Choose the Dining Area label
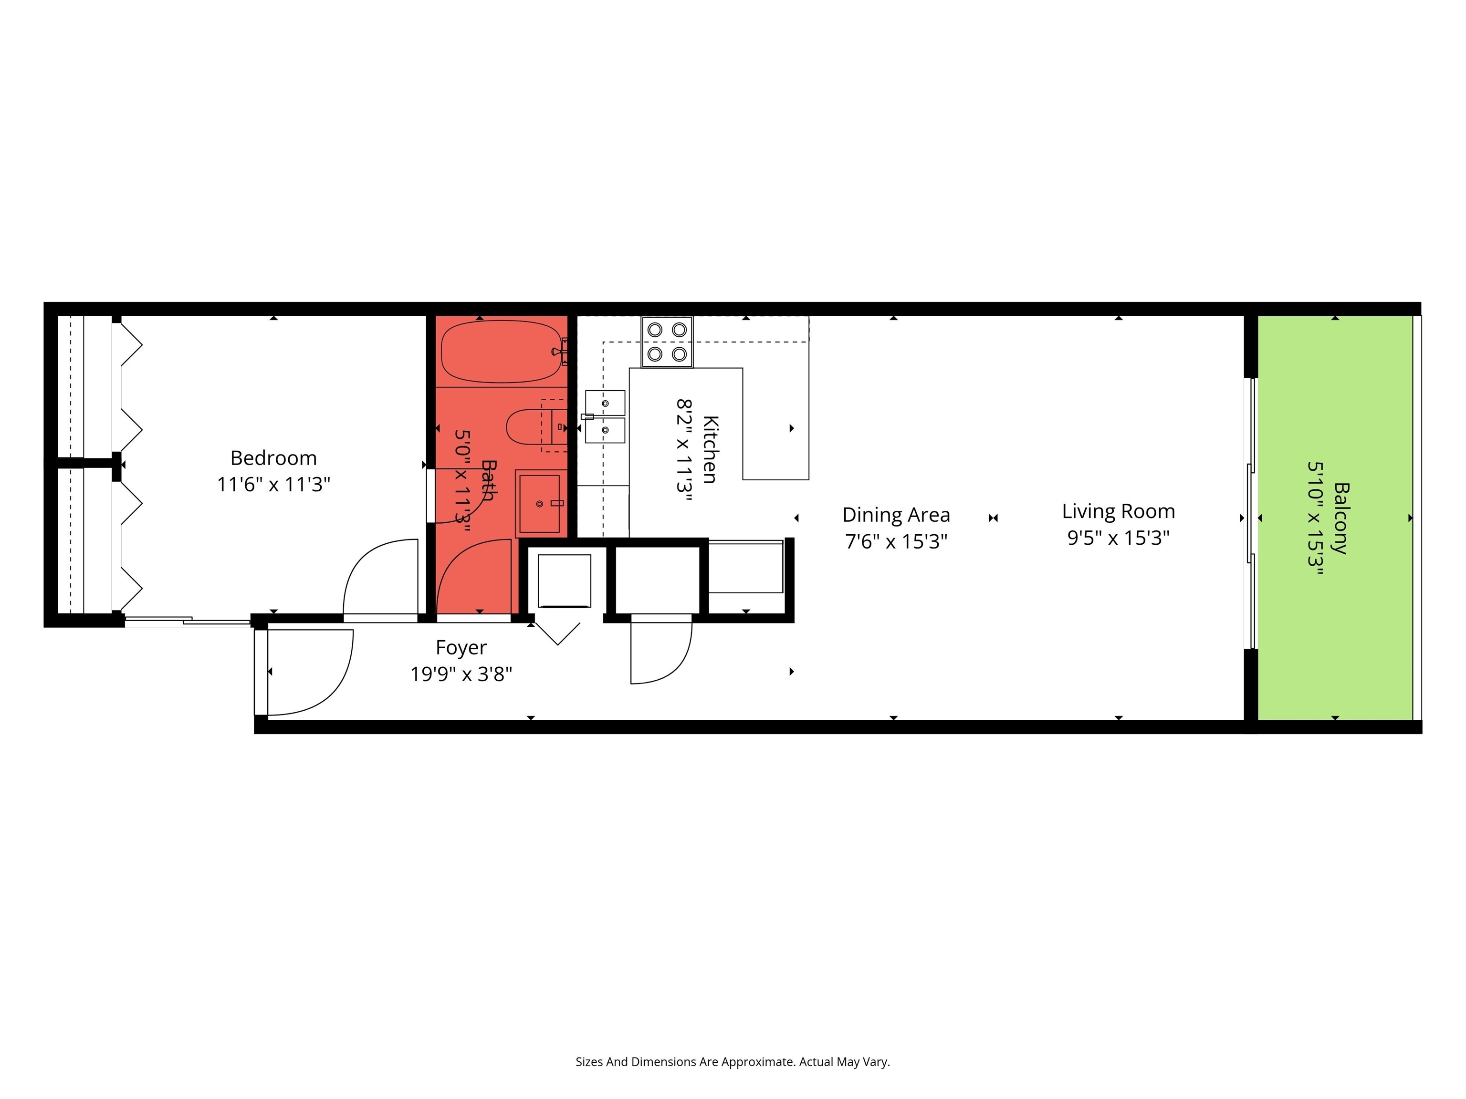coord(896,515)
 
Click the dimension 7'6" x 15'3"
coord(896,541)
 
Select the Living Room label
coord(1118,511)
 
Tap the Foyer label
coord(461,647)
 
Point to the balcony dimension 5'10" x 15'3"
coord(1315,518)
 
